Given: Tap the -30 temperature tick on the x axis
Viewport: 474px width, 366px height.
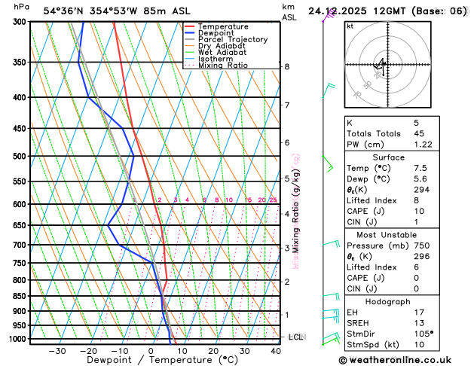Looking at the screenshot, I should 57,351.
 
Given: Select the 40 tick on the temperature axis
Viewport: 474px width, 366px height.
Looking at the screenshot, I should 275,351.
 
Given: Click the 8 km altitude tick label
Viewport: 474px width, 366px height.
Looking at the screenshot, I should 286,67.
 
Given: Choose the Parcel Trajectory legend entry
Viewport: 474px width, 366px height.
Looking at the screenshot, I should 232,40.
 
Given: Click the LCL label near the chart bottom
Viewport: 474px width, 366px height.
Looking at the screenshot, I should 296,337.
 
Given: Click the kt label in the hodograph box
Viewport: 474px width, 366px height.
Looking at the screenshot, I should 350,26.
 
